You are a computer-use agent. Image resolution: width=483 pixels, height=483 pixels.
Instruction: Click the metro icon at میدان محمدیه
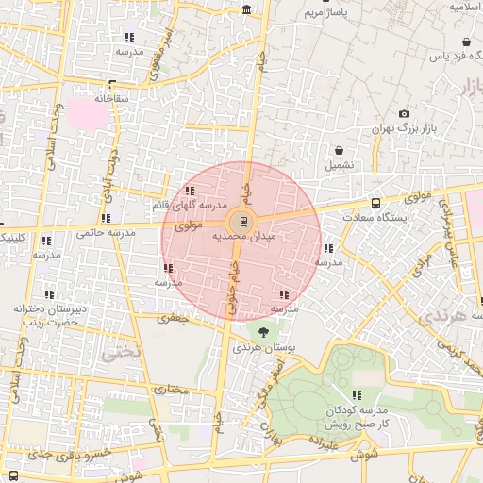(244, 222)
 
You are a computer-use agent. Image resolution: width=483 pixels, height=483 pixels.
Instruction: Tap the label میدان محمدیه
(243, 237)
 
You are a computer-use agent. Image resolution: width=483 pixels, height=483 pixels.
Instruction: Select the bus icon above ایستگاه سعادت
(376, 203)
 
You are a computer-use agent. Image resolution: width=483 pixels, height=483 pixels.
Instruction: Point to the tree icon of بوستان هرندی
(262, 331)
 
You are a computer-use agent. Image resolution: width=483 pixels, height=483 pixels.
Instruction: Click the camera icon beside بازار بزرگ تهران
(405, 113)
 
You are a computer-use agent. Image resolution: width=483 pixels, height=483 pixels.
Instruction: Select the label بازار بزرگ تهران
(393, 127)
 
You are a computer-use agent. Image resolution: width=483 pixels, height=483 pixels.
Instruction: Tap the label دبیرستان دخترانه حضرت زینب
(50, 315)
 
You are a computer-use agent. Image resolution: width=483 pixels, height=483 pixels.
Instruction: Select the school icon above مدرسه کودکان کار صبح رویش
(357, 396)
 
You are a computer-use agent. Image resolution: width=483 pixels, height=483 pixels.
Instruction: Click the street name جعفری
(173, 319)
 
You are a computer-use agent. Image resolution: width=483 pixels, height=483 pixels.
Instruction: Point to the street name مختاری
(172, 389)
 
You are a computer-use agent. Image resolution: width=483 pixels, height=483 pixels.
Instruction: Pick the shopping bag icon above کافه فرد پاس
(467, 42)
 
